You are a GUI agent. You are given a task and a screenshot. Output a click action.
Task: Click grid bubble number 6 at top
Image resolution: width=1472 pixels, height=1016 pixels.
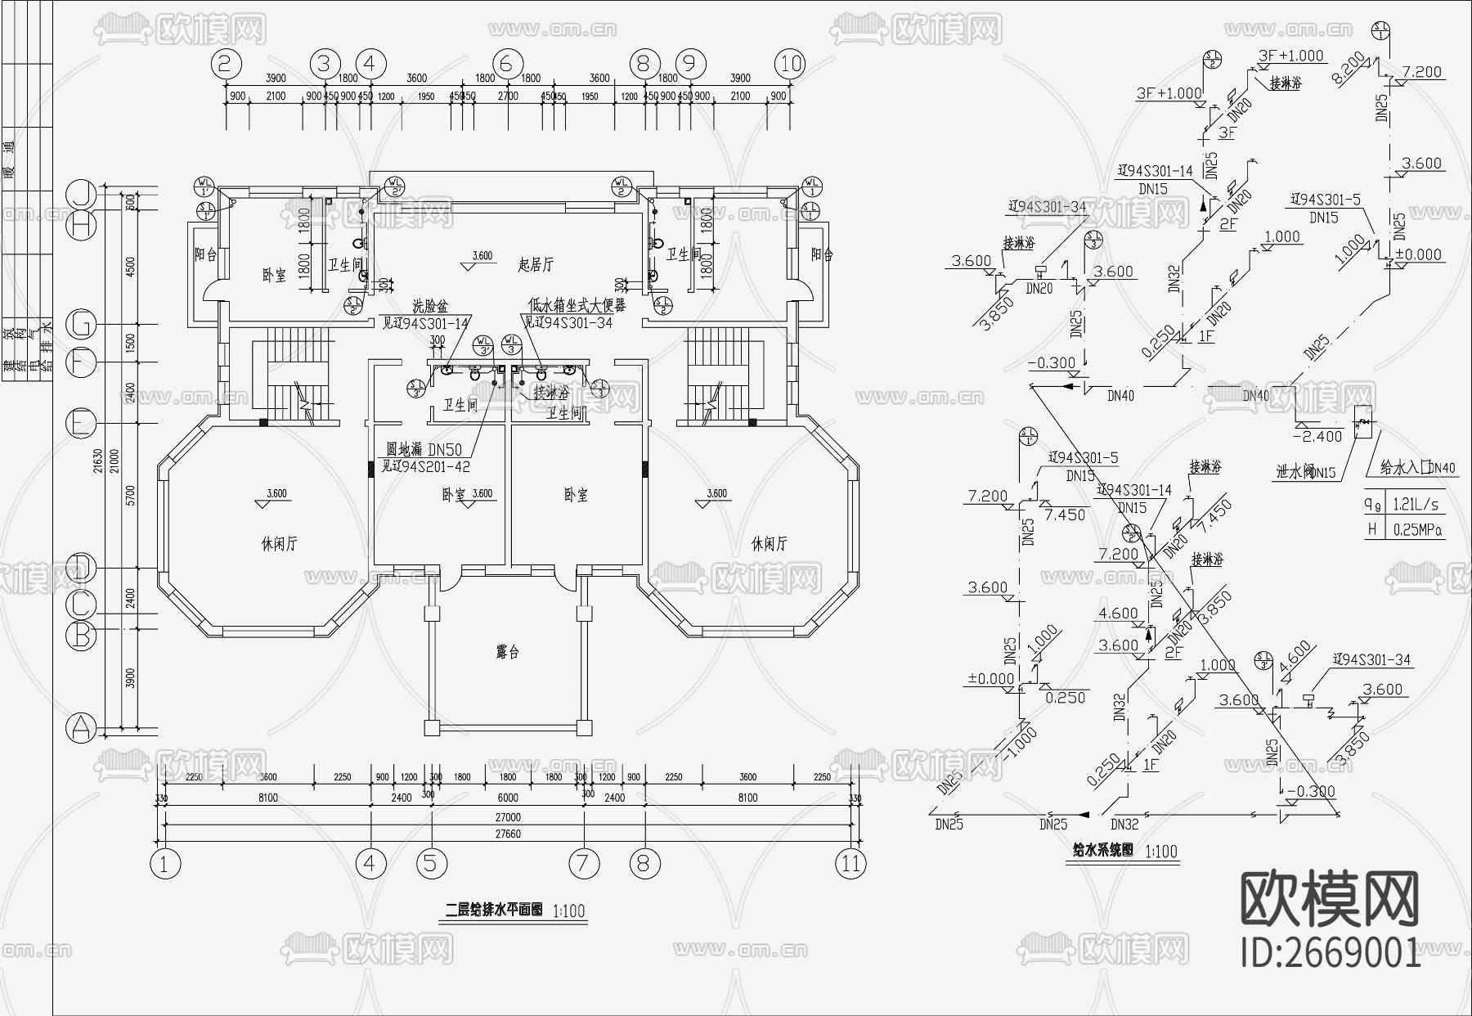coord(507,64)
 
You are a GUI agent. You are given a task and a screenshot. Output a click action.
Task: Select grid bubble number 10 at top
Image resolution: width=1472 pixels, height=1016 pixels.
coord(790,64)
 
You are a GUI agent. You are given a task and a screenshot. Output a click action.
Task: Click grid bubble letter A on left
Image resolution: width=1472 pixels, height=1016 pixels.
coord(81,727)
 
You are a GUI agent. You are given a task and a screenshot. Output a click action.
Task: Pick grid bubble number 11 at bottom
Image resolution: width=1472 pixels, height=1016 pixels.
coord(850,863)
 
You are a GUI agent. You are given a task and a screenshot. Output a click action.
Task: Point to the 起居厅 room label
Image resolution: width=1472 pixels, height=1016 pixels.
coord(536,264)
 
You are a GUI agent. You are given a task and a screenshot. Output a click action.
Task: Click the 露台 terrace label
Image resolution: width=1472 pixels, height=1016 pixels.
coord(508,652)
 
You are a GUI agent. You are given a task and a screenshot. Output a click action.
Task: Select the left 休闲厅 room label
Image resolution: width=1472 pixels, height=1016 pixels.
coord(279,544)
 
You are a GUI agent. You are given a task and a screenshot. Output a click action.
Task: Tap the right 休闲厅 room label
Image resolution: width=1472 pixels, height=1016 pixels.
coord(769,544)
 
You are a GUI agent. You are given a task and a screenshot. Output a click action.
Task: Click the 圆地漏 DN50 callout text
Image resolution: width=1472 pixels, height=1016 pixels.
coord(424,449)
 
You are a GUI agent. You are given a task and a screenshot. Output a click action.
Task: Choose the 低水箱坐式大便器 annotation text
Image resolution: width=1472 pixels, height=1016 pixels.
coord(577,306)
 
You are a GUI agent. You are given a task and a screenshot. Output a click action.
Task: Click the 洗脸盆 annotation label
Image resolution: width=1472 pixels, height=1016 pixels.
coord(430,306)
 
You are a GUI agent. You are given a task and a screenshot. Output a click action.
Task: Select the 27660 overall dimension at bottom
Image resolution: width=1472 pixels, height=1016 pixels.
coord(507,834)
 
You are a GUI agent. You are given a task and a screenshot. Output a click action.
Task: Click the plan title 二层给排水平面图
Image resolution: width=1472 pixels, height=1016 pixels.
coord(494,909)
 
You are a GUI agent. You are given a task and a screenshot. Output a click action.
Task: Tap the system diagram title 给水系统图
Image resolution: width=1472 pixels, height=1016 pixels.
coord(1103,851)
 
